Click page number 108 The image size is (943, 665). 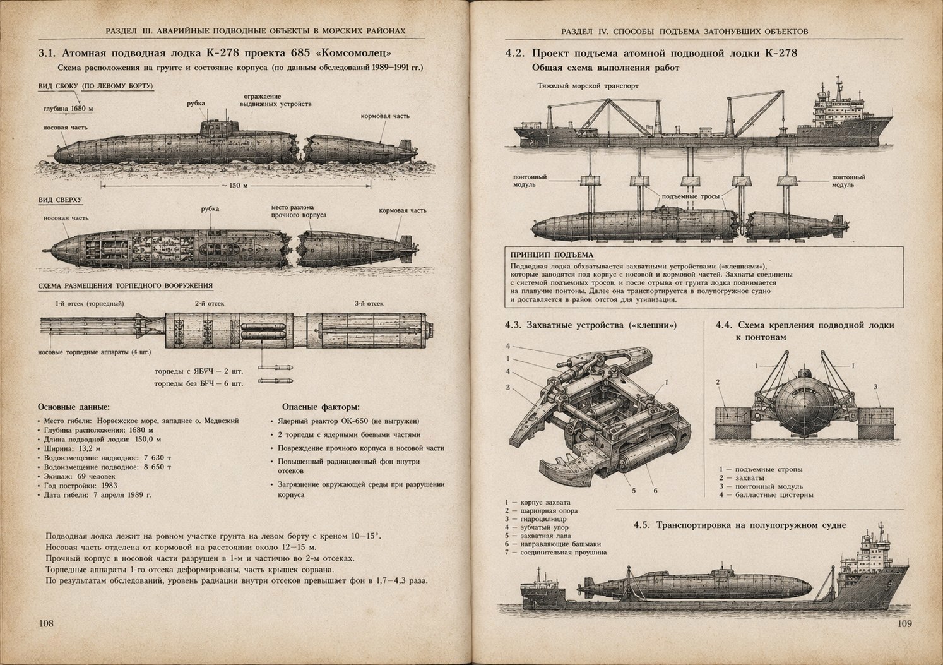pyautogui.click(x=46, y=624)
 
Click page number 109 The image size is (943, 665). pyautogui.click(x=904, y=624)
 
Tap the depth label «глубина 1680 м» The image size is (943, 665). pyautogui.click(x=68, y=108)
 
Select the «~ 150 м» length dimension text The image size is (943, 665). pyautogui.click(x=235, y=185)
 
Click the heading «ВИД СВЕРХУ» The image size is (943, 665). pyautogui.click(x=60, y=200)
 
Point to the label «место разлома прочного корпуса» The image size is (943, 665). pyautogui.click(x=299, y=211)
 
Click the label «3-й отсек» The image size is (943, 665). pyautogui.click(x=369, y=303)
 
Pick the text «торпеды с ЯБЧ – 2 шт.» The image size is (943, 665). pyautogui.click(x=199, y=371)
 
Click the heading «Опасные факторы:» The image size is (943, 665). pyautogui.click(x=321, y=407)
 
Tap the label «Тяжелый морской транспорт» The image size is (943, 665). pyautogui.click(x=588, y=86)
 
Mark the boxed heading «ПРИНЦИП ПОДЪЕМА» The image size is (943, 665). pyautogui.click(x=552, y=255)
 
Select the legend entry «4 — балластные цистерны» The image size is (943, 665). pyautogui.click(x=766, y=495)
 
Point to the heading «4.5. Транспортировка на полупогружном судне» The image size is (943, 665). pyautogui.click(x=740, y=525)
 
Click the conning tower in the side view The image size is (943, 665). pyautogui.click(x=219, y=127)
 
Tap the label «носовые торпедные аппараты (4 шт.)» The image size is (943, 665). pyautogui.click(x=95, y=352)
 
